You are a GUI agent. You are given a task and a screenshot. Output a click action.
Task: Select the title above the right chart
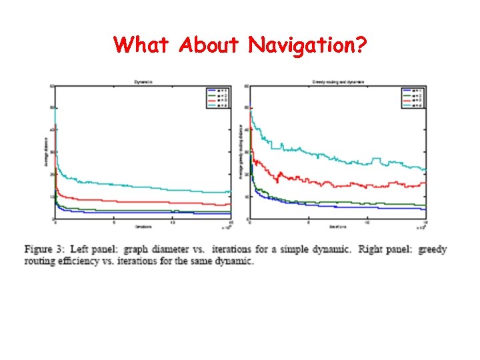[337, 82]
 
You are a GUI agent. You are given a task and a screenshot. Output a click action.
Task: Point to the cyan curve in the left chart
[133, 185]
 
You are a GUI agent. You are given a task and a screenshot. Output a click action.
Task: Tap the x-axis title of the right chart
[337, 225]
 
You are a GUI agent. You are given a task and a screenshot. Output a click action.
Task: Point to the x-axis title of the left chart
[143, 225]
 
